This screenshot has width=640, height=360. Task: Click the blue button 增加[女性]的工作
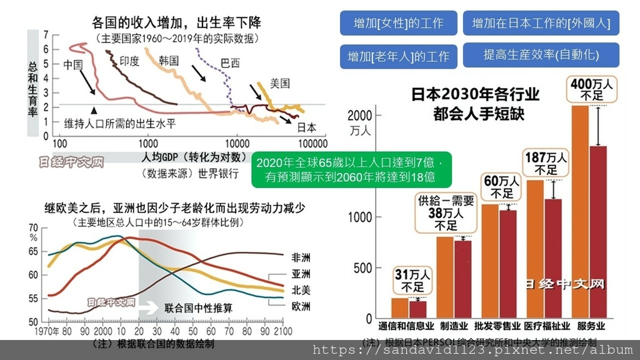pyautogui.click(x=398, y=24)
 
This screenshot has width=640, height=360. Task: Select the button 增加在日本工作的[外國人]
pyautogui.click(x=541, y=24)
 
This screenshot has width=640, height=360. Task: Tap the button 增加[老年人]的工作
pyautogui.click(x=398, y=56)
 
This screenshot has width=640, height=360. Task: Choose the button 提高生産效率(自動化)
pyautogui.click(x=541, y=55)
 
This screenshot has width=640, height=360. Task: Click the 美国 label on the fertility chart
pyautogui.click(x=280, y=83)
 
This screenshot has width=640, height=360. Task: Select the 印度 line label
pyautogui.click(x=129, y=61)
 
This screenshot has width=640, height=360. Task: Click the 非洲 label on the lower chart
pyautogui.click(x=301, y=257)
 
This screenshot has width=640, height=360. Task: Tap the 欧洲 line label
pyautogui.click(x=301, y=306)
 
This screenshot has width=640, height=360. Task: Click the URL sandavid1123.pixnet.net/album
pyautogui.click(x=472, y=350)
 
